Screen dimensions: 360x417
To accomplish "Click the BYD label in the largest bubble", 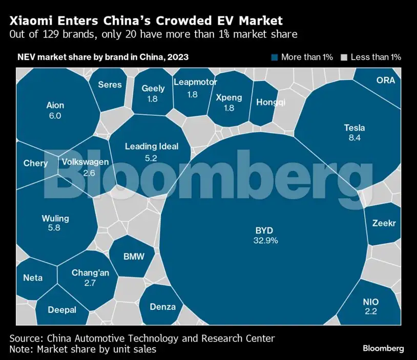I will (x=265, y=230).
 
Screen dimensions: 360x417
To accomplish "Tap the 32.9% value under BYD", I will (x=265, y=240).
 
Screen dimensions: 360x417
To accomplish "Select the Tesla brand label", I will (x=355, y=128).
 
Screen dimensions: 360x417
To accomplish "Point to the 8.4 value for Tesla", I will (x=355, y=138).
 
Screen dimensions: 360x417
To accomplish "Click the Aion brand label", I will (x=55, y=105).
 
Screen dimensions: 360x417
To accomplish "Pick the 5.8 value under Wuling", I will (x=54, y=228).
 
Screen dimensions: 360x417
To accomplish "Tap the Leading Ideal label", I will (x=152, y=146).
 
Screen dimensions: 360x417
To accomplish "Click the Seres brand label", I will (x=110, y=84).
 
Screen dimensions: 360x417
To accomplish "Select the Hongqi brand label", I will (x=270, y=102).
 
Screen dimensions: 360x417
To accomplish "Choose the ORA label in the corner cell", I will (x=386, y=80).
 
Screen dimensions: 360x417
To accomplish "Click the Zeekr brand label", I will (x=384, y=223).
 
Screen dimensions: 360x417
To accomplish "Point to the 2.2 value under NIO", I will (x=370, y=311).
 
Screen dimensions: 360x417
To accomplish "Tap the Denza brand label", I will (x=163, y=307).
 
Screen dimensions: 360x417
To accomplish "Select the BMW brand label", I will (x=134, y=257).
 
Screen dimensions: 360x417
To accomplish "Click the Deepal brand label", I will (x=62, y=310).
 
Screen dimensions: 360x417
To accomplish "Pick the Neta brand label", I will (x=33, y=278).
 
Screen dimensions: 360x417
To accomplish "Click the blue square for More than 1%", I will (x=275, y=57).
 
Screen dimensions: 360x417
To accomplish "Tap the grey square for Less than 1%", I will (x=345, y=57).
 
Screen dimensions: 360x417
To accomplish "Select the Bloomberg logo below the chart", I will (x=383, y=348).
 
